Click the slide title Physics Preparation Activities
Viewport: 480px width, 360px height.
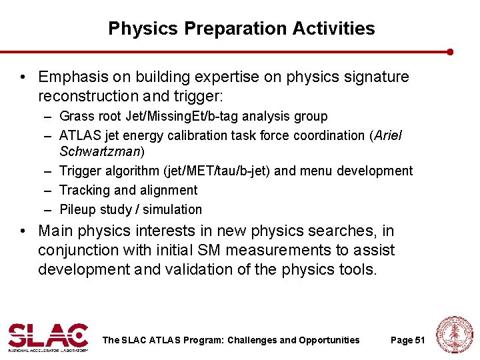[241, 29]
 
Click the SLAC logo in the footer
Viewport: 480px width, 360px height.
[48, 337]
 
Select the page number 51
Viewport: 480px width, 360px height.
[407, 340]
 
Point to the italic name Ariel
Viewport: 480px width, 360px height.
[388, 135]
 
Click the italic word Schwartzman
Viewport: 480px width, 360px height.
[99, 151]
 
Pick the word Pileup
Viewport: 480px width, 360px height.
[77, 209]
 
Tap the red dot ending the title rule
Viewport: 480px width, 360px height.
[451, 51]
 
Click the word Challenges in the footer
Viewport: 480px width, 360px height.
[252, 340]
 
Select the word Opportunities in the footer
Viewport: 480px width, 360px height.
[329, 340]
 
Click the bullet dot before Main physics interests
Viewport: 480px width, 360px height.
[23, 231]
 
